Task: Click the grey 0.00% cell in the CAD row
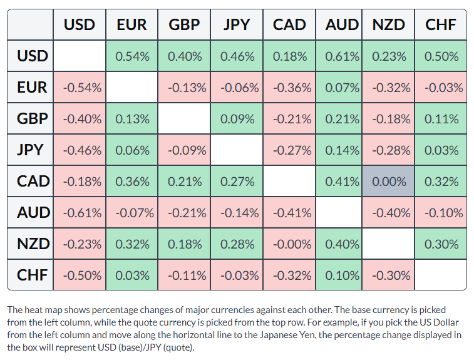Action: [388, 181]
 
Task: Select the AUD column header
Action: [339, 24]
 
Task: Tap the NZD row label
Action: [30, 244]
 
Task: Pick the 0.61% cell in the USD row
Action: [339, 56]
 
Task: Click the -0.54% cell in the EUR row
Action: [80, 88]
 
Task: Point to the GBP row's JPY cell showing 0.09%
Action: [237, 118]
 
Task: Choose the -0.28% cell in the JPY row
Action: [388, 150]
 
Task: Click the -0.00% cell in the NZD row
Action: [289, 244]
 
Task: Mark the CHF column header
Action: [441, 24]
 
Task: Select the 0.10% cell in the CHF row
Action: [339, 275]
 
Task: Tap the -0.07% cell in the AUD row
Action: [131, 212]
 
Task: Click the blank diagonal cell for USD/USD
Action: [80, 56]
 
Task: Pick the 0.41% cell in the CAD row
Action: [339, 181]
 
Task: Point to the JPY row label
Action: [30, 150]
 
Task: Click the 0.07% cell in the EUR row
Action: [339, 88]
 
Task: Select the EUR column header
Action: [131, 24]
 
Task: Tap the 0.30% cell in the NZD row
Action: [441, 244]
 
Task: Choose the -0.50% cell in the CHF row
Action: [80, 275]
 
